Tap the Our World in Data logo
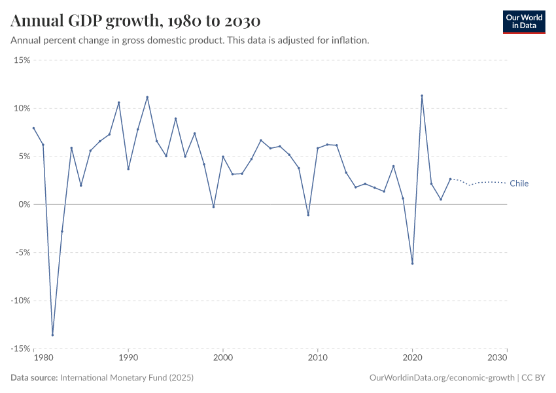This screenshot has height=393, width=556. click(x=524, y=22)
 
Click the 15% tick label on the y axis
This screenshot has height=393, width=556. click(x=22, y=60)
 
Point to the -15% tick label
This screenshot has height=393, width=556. click(x=21, y=348)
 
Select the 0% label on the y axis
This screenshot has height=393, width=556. click(x=24, y=204)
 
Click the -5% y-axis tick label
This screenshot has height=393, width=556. click(x=22, y=252)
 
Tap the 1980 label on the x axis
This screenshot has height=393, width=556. click(x=43, y=358)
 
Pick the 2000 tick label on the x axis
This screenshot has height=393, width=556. click(x=223, y=358)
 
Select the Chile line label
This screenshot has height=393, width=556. click(x=519, y=183)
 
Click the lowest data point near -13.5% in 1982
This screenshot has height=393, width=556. click(x=52, y=335)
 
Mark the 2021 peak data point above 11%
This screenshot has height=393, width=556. click(x=422, y=96)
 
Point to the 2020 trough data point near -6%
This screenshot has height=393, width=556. click(x=412, y=263)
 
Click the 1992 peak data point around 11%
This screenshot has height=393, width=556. click(x=147, y=97)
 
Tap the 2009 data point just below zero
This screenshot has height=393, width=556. click(x=308, y=215)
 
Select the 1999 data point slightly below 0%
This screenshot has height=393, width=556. click(x=213, y=207)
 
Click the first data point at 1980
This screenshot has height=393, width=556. click(x=33, y=128)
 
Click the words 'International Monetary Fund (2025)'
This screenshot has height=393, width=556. click(x=126, y=378)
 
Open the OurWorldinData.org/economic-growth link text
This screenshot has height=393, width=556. click(x=442, y=378)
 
